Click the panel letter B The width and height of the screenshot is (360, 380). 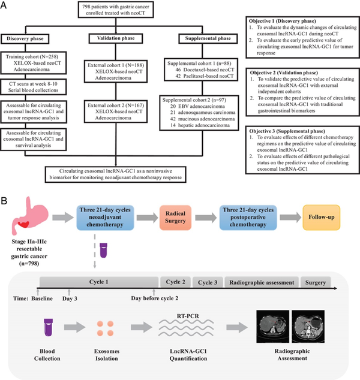point(5,198)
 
